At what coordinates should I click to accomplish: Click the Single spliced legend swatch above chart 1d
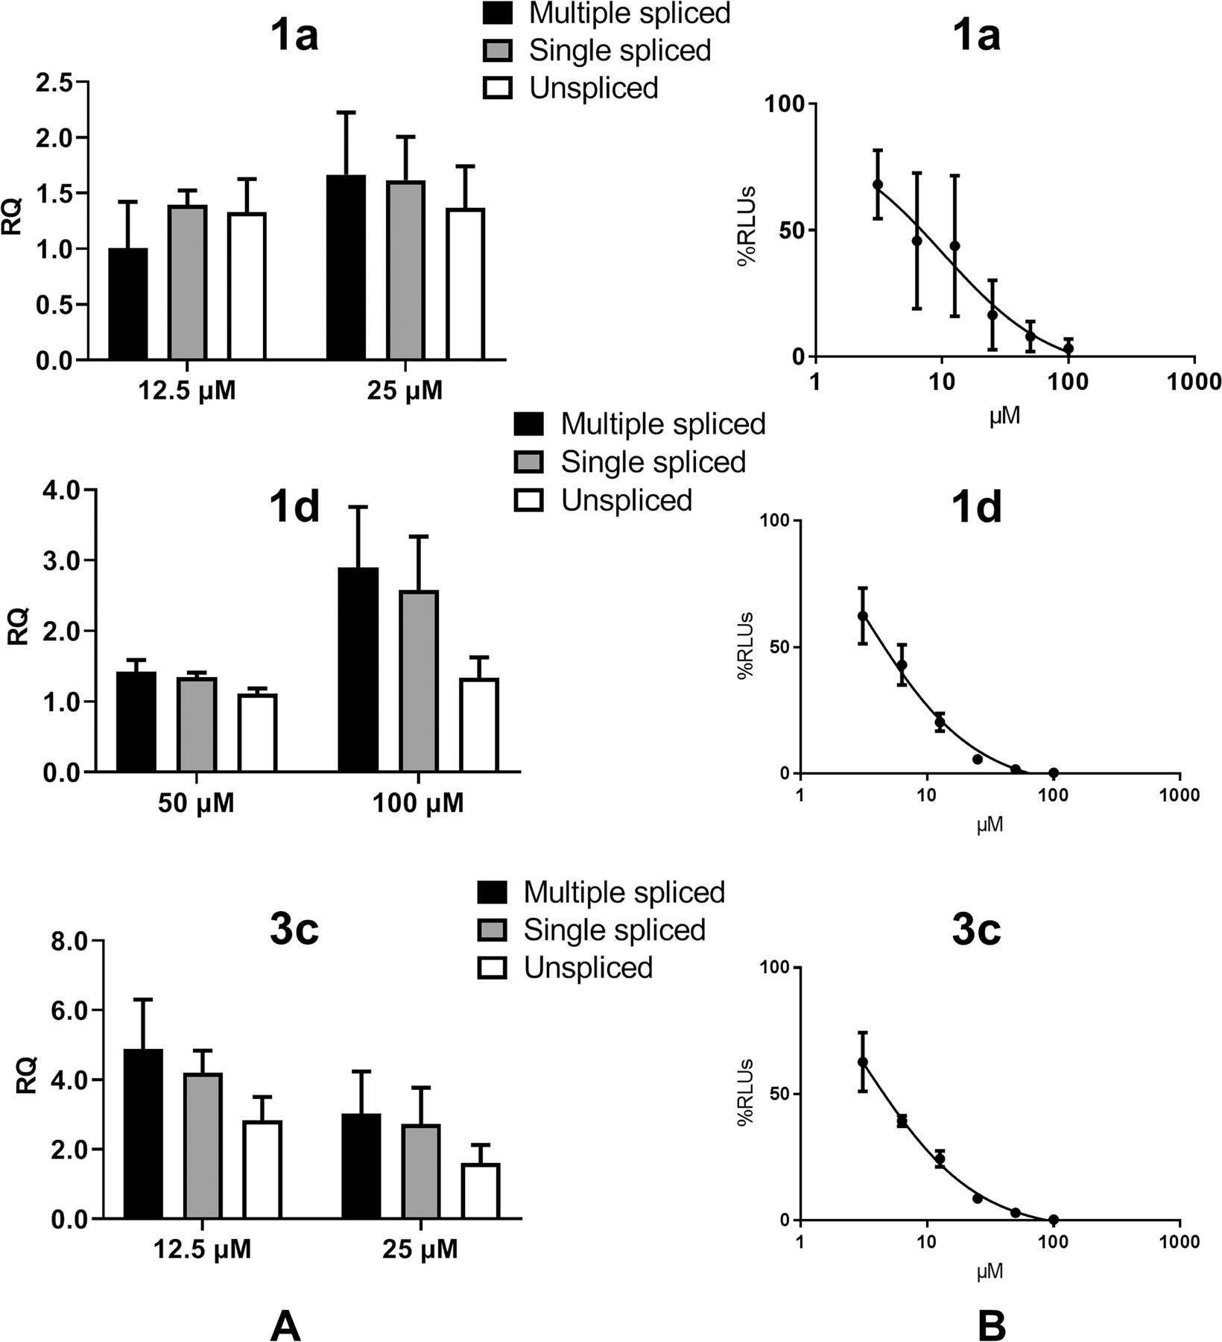[x=529, y=461]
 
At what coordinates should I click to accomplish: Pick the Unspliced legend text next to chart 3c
[x=588, y=968]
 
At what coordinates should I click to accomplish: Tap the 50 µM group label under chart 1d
[x=196, y=803]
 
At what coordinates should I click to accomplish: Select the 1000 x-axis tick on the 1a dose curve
[x=1194, y=382]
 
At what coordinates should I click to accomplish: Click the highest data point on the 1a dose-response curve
[x=878, y=184]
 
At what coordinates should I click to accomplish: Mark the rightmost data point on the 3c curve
[x=1054, y=1220]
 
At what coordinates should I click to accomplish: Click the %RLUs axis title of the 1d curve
[x=746, y=646]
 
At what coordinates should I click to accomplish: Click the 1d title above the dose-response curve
[x=976, y=508]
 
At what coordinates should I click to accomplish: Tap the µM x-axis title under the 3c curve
[x=990, y=1271]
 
